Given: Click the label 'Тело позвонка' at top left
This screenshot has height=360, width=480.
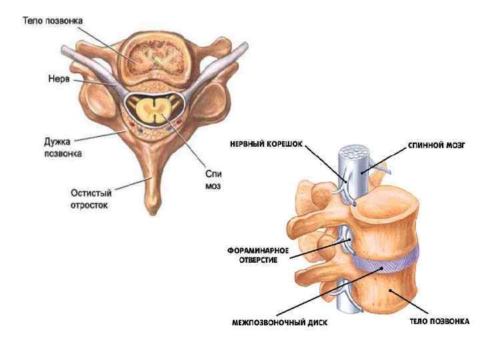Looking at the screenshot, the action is (53, 21).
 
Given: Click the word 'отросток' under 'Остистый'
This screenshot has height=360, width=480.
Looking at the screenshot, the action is (91, 205).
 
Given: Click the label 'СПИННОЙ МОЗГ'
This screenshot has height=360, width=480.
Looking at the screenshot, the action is (436, 144).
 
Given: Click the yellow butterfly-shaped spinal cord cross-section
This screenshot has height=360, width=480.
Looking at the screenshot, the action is (155, 108).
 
